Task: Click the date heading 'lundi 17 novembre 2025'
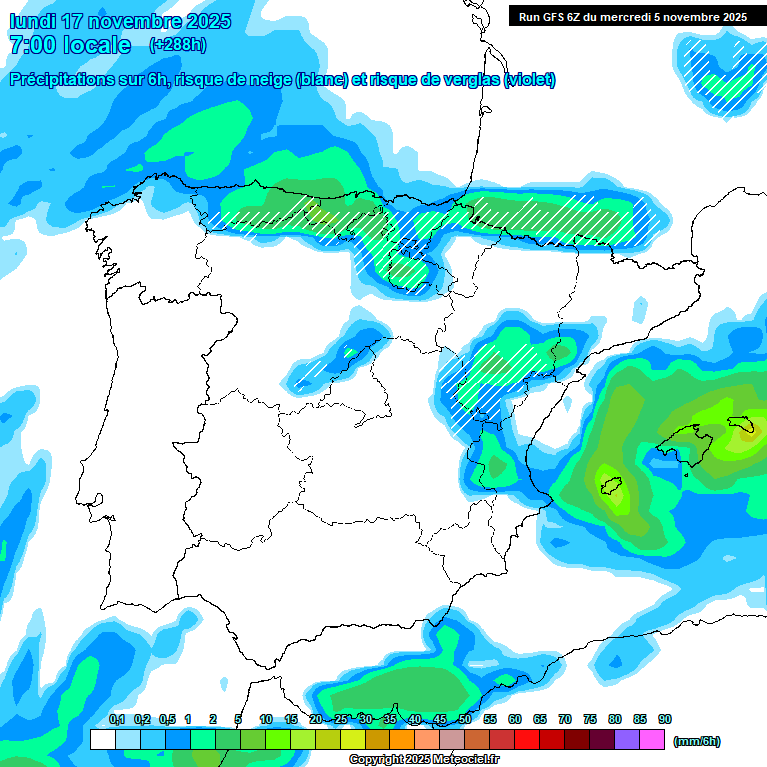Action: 120,21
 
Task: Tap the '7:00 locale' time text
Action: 69,45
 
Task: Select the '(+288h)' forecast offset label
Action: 177,45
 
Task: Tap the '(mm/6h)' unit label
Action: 696,741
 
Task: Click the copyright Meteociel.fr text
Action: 423,759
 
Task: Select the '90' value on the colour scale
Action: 664,719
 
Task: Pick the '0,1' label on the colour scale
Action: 116,719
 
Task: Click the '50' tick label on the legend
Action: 464,719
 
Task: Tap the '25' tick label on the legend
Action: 340,719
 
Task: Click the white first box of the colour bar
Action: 102,740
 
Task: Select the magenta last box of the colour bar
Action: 652,740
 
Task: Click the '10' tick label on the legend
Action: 266,719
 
